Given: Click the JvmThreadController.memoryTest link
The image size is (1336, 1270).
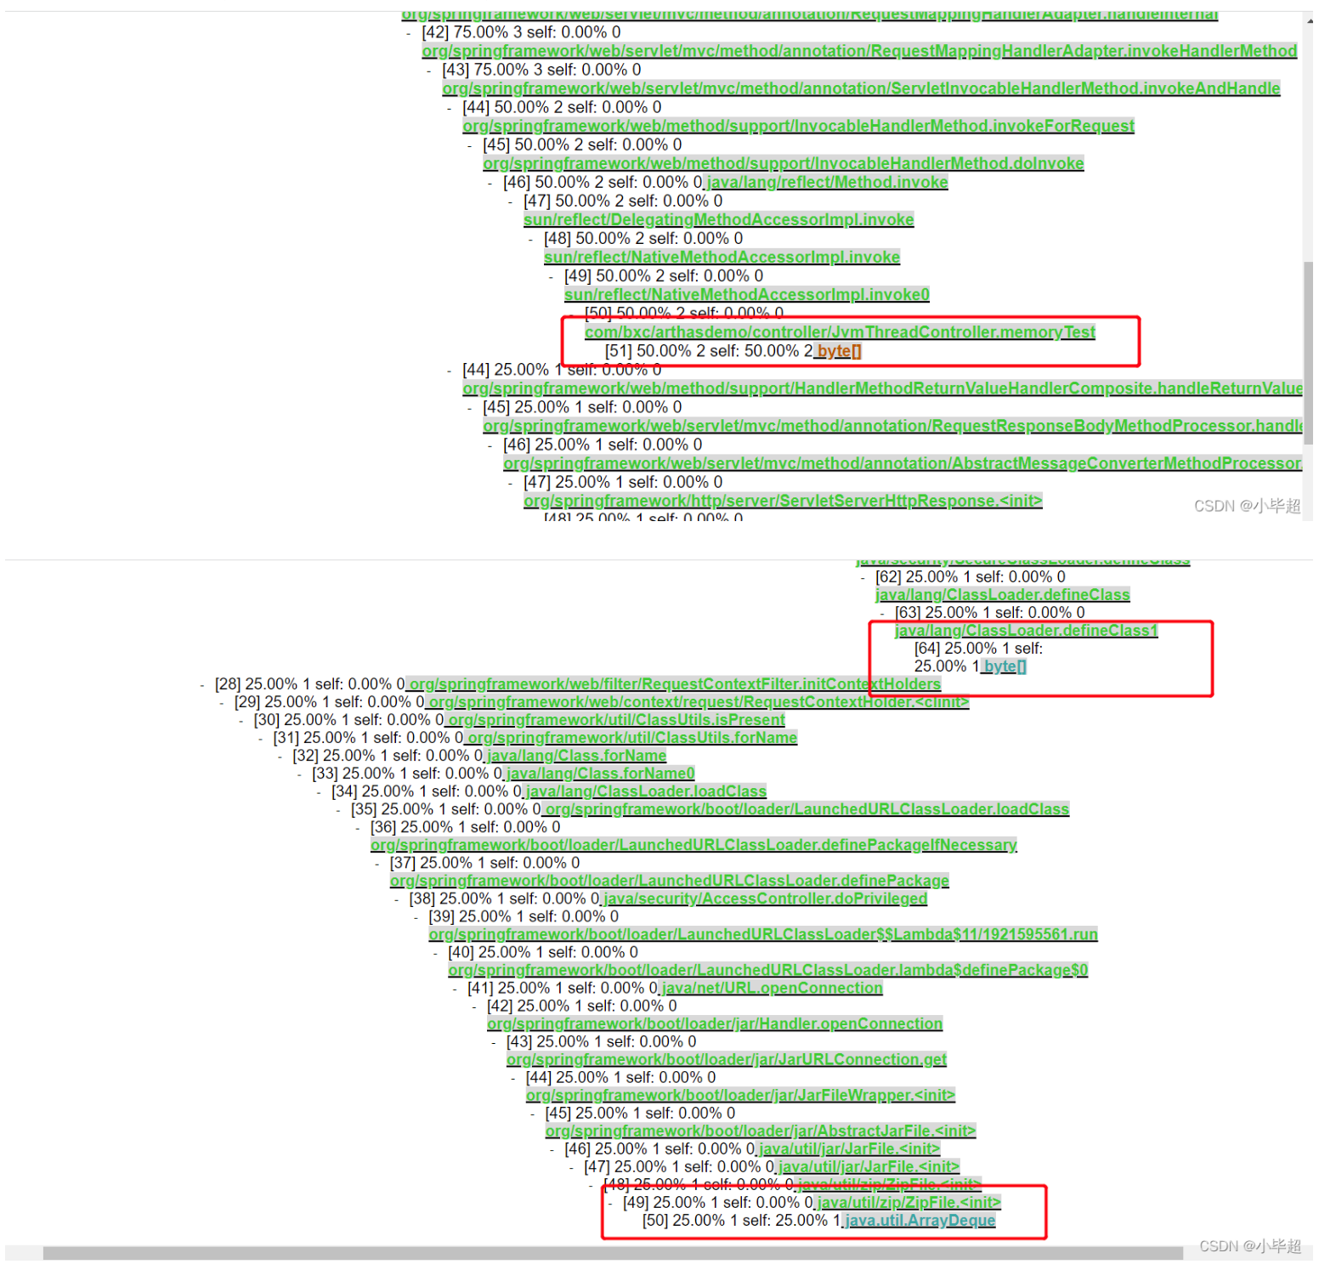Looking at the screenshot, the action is point(840,332).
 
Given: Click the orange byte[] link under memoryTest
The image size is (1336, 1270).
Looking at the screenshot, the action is point(838,351).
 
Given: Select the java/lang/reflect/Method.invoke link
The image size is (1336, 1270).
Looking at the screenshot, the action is point(827,182).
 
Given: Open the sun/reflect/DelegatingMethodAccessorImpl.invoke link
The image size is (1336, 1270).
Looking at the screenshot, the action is point(718,219).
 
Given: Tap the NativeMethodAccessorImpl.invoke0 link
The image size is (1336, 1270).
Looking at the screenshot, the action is point(746,294).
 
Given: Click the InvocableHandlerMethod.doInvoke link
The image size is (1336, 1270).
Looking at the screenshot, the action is point(783,163).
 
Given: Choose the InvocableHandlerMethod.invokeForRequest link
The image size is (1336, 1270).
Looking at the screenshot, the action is point(798,126).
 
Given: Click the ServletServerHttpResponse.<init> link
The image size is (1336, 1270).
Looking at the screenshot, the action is point(782,501).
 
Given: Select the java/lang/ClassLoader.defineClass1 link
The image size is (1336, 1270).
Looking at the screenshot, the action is point(1026,631).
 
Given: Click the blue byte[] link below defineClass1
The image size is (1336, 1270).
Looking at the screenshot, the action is point(1005,666).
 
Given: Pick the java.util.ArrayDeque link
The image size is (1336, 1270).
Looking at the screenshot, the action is point(920,1221).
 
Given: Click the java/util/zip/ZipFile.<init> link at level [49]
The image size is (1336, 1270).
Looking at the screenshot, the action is point(909,1202).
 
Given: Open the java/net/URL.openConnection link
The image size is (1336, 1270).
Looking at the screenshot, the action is point(772,988).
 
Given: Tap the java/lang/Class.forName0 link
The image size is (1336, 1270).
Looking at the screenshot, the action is point(600,774).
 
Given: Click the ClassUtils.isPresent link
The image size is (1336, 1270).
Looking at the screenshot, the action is point(616,720).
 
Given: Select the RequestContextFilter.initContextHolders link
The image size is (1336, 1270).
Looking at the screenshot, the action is point(675,684).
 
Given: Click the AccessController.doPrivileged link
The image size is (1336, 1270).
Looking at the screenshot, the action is point(765,899).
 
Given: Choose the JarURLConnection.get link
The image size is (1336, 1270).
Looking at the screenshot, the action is point(726,1059).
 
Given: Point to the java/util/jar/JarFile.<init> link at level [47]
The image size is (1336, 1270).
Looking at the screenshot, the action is point(869,1166).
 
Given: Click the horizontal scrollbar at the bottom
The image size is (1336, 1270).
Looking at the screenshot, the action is point(612,1253).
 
